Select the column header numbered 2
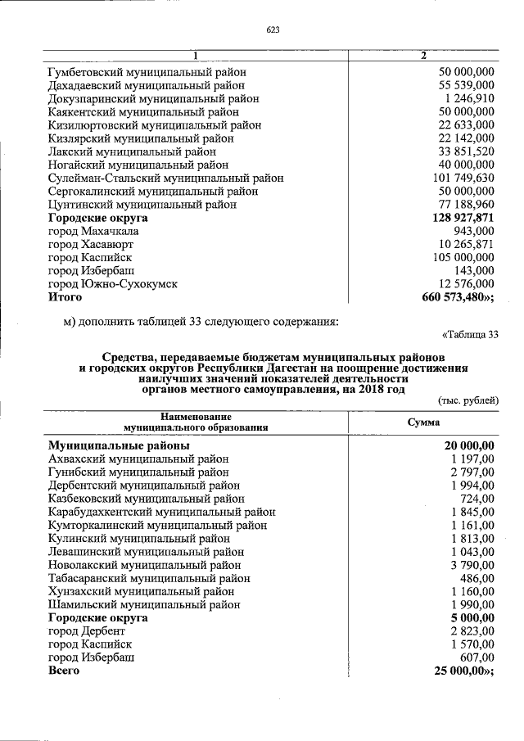pyautogui.click(x=422, y=56)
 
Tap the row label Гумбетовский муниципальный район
pyautogui.click(x=147, y=72)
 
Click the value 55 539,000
pyautogui.click(x=467, y=85)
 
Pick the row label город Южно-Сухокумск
pyautogui.click(x=113, y=284)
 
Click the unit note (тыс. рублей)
pyautogui.click(x=468, y=399)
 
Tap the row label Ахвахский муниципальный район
pyautogui.click(x=138, y=459)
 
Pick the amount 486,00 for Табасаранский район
pyautogui.click(x=477, y=578)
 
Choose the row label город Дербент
pyautogui.click(x=87, y=630)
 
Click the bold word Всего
pyautogui.click(x=64, y=671)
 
